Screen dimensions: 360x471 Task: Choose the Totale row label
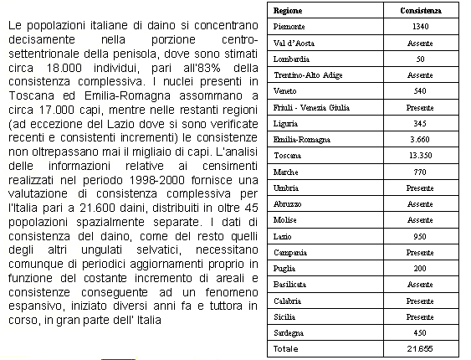pyautogui.click(x=286, y=347)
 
